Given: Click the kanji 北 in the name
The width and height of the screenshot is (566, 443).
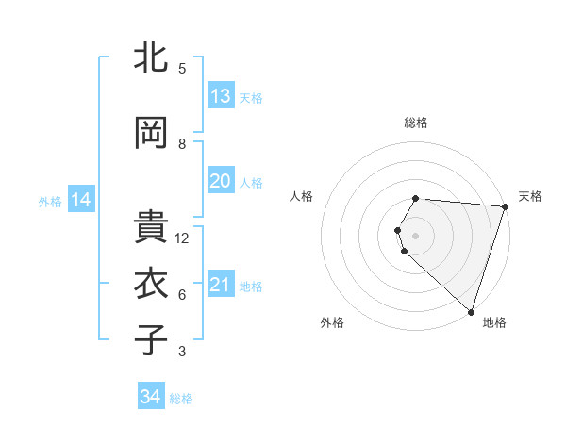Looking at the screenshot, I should point(152,58).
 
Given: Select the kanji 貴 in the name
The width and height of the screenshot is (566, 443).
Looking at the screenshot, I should point(152,227).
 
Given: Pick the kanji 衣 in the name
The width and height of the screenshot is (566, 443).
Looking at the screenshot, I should point(152,284).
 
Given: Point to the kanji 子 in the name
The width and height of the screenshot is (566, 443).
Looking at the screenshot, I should point(152,339).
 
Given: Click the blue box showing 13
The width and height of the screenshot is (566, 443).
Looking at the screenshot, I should point(221,96).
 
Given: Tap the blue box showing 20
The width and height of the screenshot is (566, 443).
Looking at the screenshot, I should point(221,181).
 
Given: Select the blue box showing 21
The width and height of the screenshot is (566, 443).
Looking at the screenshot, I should point(221,285).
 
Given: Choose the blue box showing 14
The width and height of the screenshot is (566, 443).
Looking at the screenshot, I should point(81,200).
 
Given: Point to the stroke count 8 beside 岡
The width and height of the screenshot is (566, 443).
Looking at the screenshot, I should point(182,144).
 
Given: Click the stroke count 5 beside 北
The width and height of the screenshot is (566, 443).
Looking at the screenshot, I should point(182,69).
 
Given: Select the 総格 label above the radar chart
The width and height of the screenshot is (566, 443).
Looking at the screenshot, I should point(416,123).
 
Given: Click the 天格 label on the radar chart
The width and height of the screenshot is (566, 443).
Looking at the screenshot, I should point(530,196).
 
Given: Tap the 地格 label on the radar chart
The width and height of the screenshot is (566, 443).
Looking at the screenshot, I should point(494,322).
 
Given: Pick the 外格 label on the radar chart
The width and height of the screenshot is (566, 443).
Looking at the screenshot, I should point(332,322).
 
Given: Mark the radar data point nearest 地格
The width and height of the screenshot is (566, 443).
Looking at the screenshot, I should point(471,311).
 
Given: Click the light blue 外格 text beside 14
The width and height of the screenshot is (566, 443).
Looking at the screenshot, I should point(49,201).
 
